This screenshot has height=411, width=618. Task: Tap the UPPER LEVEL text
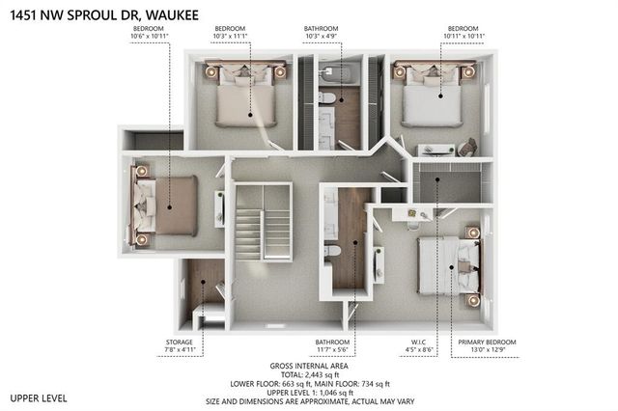40,397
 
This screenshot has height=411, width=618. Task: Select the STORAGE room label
179,342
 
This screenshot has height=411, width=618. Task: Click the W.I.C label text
417,342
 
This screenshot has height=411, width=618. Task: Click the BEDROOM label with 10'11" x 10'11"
457,29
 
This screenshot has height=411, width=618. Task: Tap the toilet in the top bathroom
327,98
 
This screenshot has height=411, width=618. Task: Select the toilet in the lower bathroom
332,251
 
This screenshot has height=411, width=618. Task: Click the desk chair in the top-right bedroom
467,147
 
